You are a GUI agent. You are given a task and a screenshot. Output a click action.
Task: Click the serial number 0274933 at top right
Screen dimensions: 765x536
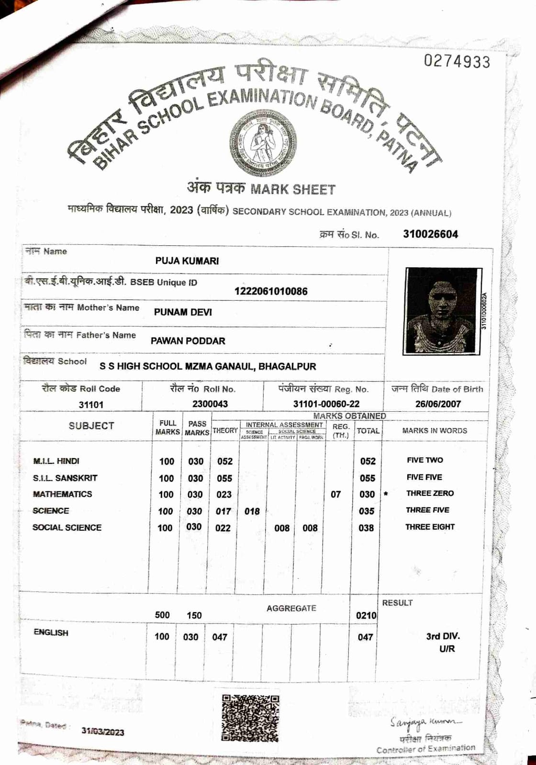[457, 62]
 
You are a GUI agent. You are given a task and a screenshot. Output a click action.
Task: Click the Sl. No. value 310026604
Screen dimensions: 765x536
[430, 234]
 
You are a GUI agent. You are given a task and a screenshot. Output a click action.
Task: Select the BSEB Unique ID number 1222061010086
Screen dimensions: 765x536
[271, 291]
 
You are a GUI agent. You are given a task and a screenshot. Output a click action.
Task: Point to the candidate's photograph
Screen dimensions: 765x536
[441, 311]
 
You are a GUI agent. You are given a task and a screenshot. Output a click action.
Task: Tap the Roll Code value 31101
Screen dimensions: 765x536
[91, 404]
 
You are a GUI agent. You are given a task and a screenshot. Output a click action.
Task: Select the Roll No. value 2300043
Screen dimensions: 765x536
[210, 404]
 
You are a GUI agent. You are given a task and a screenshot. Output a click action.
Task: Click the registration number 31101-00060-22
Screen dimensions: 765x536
[326, 404]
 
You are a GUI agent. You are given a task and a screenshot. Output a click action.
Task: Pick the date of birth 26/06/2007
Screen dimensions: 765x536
[438, 404]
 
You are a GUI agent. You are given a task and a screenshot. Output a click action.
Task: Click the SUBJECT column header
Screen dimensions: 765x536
[91, 426]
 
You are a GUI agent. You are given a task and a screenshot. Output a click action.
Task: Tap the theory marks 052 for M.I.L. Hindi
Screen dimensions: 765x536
[224, 461]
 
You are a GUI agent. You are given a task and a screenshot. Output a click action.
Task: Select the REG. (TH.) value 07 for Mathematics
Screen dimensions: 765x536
[336, 494]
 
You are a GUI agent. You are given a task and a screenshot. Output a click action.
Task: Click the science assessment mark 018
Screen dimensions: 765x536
[252, 511]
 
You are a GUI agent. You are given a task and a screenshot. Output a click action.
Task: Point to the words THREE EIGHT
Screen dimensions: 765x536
[430, 527]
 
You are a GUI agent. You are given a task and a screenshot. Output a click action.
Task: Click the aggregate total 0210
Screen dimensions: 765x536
[366, 616]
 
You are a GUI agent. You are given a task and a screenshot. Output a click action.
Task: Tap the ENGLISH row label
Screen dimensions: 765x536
[51, 633]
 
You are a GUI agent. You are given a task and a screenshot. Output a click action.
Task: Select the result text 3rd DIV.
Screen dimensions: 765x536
[443, 636]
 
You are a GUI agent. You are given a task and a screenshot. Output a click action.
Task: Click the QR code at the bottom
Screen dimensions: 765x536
[250, 718]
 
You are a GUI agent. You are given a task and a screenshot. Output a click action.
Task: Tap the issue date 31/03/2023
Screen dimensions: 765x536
[102, 732]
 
